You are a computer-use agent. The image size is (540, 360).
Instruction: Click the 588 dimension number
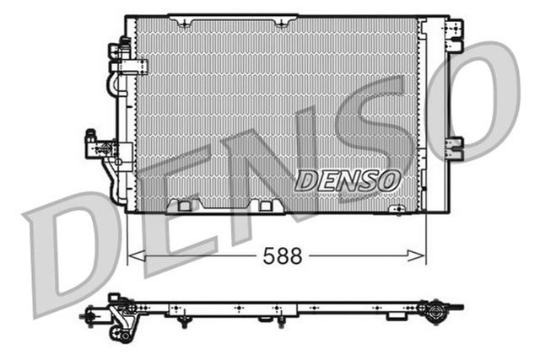[283, 255]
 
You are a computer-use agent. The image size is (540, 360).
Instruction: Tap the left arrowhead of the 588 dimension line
[131, 255]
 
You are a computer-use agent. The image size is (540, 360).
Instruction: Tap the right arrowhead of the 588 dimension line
[423, 255]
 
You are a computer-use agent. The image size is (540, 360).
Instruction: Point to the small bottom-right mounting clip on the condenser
[397, 207]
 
